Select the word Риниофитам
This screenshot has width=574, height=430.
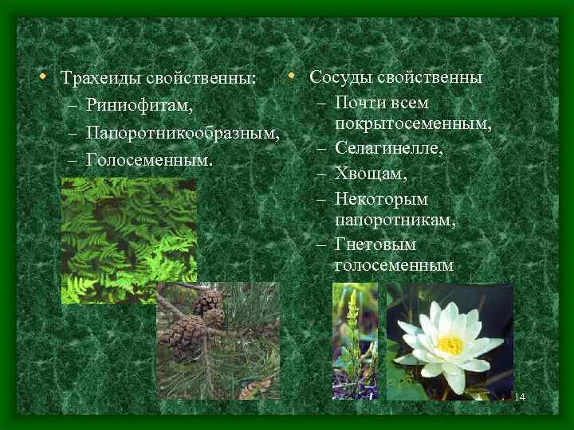point(140,106)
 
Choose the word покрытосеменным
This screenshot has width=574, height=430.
point(413,125)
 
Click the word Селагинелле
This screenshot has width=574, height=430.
point(389,148)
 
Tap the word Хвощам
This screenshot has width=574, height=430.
point(371,172)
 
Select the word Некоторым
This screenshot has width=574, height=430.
point(382,197)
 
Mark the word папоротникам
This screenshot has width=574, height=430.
point(395,219)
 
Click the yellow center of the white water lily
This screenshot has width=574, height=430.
point(450,346)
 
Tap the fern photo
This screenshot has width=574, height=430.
point(128,239)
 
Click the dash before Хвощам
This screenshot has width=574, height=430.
point(320,173)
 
